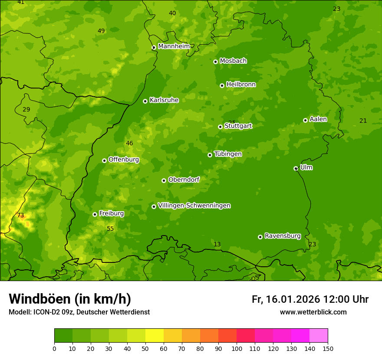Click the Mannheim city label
click(x=174, y=46)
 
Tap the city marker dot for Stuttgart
click(x=220, y=127)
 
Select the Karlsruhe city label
click(x=164, y=100)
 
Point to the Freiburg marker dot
click(x=95, y=214)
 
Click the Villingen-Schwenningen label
click(x=194, y=206)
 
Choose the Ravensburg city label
click(x=283, y=236)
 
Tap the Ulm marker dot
click(x=296, y=168)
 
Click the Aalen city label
click(x=318, y=119)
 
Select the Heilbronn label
click(x=241, y=85)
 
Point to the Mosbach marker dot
click(x=215, y=62)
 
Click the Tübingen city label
click(x=228, y=154)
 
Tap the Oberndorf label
click(x=184, y=180)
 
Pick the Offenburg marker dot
click(x=104, y=160)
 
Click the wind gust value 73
click(x=20, y=216)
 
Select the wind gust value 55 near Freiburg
click(x=110, y=229)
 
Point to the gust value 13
click(x=217, y=245)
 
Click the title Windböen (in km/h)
click(x=70, y=299)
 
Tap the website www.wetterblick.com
click(x=313, y=312)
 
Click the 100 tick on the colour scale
click(x=237, y=348)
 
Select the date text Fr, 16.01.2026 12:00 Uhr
click(x=310, y=299)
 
